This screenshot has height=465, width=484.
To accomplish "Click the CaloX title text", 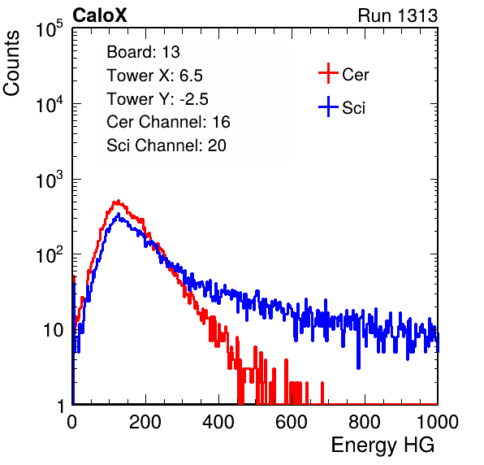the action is coord(100,15).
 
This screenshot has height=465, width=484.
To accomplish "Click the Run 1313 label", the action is coord(398,15).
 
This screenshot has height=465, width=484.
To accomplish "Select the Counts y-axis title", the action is coord(11,63).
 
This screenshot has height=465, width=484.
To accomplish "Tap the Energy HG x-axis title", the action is coord(382,445).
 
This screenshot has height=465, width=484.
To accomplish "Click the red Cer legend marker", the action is coord(328,73).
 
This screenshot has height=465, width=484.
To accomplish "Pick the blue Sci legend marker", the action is coord(328,106).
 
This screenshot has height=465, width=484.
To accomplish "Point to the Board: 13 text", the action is coord(143,52).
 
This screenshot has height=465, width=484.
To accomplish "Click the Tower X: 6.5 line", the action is coord(154,76).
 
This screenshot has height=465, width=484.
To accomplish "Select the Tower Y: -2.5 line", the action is coord(158,99).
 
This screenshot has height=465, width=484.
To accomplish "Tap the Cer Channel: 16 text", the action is coord(168,122).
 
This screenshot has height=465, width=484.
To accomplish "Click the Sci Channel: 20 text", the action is coord(166,146).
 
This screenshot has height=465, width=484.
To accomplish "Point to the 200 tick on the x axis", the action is coord(145,422).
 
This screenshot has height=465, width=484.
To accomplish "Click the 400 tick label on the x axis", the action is coord(218,422).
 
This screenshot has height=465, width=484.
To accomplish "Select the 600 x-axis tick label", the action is coord(292,422).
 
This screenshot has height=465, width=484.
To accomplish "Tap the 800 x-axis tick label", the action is coord(365,422).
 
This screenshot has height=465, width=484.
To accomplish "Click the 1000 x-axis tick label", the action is coord(438,422).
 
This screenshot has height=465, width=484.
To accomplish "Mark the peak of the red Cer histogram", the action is coord(118,201).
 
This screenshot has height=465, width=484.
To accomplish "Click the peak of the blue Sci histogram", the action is coord(119,215).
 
